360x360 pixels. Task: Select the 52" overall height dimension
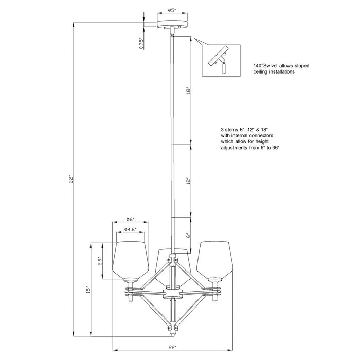tap(73, 179)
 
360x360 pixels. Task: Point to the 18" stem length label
tap(189, 91)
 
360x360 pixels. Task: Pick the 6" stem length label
tap(189, 235)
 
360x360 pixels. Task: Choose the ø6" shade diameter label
tap(131, 219)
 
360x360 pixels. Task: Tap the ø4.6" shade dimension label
tap(131, 229)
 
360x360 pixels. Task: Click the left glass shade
tap(131, 257)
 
